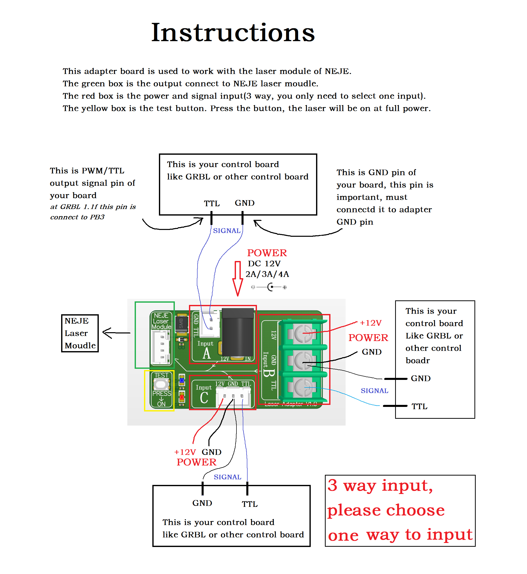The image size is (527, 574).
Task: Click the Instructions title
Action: pyautogui.click(x=233, y=33)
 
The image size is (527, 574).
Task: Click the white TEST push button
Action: pyautogui.click(x=161, y=384)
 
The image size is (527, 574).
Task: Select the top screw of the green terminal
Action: pyautogui.click(x=303, y=333)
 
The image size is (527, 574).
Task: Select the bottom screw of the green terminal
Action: pyautogui.click(x=303, y=387)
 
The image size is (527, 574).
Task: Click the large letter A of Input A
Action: pyautogui.click(x=206, y=354)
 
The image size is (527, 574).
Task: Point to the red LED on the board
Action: pyautogui.click(x=182, y=397)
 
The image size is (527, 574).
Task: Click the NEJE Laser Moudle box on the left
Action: pyautogui.click(x=80, y=333)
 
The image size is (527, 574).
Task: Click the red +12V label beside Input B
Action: pyautogui.click(x=370, y=323)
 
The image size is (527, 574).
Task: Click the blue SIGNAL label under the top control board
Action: pyautogui.click(x=226, y=230)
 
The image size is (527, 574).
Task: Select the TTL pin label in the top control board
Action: pyautogui.click(x=212, y=203)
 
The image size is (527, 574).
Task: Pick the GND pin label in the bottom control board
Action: pyautogui.click(x=202, y=503)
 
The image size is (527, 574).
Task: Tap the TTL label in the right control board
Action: pyautogui.click(x=419, y=406)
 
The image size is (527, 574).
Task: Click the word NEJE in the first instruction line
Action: pyautogui.click(x=337, y=71)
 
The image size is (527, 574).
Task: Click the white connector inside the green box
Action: pyautogui.click(x=161, y=347)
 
